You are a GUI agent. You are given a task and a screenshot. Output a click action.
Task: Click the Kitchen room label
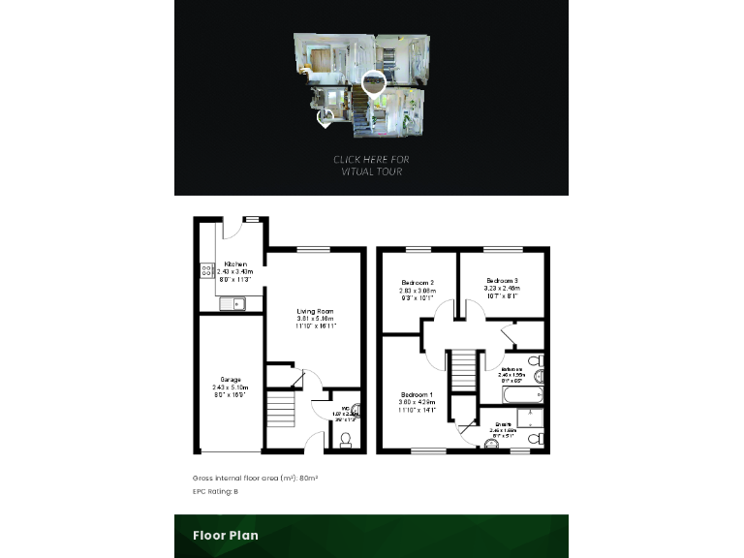[x=235, y=264]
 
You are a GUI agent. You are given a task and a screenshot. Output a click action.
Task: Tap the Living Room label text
[x=315, y=311]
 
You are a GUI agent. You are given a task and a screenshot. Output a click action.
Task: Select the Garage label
[x=230, y=380]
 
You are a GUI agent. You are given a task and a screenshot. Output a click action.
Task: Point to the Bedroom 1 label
[x=418, y=395]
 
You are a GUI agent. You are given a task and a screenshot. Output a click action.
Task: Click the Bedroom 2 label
[x=418, y=283]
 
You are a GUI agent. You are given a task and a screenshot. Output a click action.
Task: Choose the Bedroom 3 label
[x=502, y=281]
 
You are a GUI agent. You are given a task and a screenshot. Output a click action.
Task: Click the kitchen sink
[x=232, y=304]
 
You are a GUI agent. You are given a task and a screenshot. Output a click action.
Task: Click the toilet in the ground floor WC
[x=344, y=440]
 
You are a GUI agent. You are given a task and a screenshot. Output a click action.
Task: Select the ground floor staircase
[x=279, y=408]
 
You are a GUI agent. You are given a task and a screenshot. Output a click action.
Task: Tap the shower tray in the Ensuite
[x=529, y=418]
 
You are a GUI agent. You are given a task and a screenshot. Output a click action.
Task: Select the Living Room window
[x=313, y=250]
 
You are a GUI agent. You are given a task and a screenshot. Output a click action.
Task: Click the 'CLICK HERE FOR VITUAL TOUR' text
[x=371, y=166]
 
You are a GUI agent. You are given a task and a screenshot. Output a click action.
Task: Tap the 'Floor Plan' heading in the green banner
[x=225, y=535]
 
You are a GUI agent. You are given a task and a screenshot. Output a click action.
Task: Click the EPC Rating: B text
[x=215, y=492]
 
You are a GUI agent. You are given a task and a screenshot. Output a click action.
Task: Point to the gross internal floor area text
[x=255, y=479]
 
